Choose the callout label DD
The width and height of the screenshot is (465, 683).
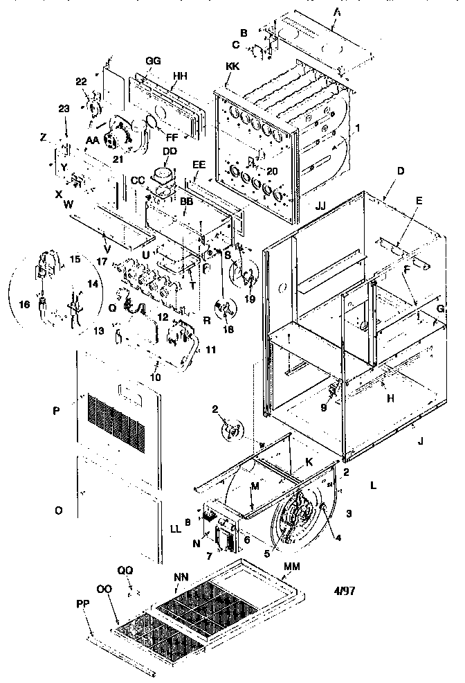pos(170,150)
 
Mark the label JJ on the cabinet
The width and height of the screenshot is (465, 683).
pos(320,206)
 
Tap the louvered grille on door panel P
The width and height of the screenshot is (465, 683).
pos(116,422)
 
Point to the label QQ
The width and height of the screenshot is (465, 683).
pos(125,569)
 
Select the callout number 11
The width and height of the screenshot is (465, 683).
pos(210,351)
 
